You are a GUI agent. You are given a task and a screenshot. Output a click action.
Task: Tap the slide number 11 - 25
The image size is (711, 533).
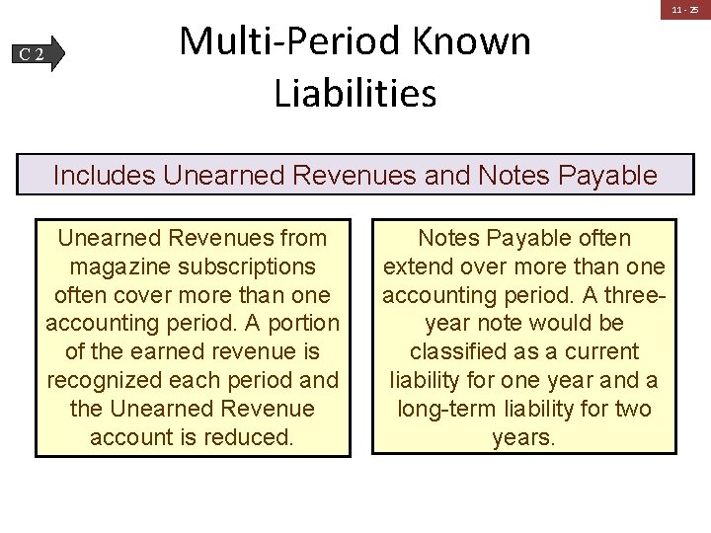[x=685, y=11]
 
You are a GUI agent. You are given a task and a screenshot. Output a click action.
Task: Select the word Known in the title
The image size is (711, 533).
[x=471, y=41]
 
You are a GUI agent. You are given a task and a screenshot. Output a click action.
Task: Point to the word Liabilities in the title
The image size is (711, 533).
[x=355, y=94]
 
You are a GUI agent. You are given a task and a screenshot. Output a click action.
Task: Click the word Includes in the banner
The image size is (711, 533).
[x=105, y=176]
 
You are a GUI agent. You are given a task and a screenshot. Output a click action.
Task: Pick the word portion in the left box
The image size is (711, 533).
[x=297, y=323]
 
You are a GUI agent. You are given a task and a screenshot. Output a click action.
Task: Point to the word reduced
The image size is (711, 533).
[x=249, y=437]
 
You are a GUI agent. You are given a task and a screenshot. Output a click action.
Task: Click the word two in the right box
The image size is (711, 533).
[x=632, y=409]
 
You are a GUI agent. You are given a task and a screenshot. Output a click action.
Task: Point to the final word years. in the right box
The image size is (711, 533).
[x=523, y=437]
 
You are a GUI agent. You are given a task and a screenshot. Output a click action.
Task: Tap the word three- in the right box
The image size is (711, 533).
[x=637, y=295]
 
